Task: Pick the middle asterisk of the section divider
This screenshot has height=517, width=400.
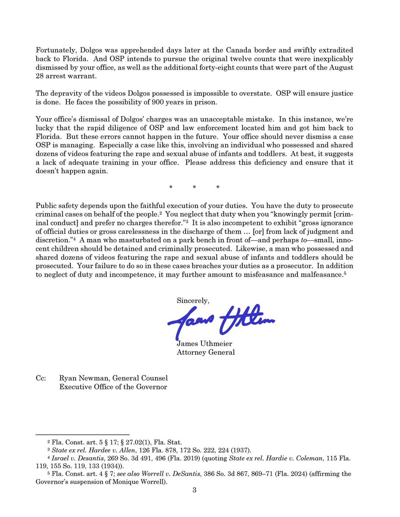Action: click(x=194, y=187)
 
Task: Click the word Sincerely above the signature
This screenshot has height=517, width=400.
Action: click(x=193, y=300)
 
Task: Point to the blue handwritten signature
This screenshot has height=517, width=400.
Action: click(x=220, y=321)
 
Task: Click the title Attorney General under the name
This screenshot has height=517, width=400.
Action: click(x=205, y=352)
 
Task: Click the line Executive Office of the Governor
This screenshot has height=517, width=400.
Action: click(x=113, y=386)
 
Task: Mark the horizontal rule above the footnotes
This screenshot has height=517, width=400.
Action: click(x=82, y=435)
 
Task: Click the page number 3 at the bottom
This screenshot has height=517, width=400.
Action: click(x=194, y=490)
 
